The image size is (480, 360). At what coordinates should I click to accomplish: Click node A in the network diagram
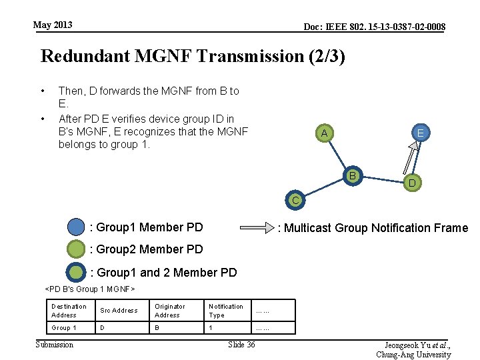[324, 134]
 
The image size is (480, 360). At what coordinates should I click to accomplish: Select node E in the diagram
[421, 133]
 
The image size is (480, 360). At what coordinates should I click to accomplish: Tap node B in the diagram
[353, 176]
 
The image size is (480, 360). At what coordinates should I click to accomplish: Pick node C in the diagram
[295, 199]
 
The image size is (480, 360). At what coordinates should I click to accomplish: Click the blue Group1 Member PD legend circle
[77, 227]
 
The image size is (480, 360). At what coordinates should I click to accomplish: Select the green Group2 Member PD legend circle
[77, 249]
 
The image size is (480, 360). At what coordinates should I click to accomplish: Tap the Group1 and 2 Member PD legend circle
[77, 272]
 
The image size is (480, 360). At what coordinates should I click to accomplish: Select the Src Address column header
[119, 311]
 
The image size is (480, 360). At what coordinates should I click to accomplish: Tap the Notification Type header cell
[226, 311]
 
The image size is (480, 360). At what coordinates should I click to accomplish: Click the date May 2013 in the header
[53, 25]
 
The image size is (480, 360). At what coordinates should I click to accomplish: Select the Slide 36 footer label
[241, 344]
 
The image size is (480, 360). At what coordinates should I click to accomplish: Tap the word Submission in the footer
[55, 344]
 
